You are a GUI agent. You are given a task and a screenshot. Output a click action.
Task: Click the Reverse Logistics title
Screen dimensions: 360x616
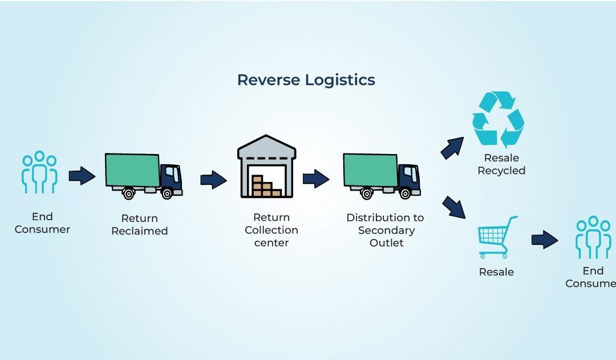click(x=306, y=80)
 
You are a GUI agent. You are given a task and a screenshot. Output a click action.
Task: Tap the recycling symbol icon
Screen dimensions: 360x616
click(x=498, y=120)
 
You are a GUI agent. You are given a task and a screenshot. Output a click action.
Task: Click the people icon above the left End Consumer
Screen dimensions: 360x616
click(x=39, y=172)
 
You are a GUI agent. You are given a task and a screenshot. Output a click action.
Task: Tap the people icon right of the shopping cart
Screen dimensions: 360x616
click(x=593, y=237)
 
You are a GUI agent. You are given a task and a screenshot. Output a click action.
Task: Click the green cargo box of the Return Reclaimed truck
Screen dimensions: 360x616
click(x=132, y=169)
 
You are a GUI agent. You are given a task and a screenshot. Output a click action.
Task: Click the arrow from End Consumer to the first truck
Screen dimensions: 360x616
click(x=82, y=176)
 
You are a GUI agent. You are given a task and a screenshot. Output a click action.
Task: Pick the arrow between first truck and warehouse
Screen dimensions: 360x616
click(x=214, y=180)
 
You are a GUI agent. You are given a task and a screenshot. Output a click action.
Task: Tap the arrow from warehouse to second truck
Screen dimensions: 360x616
click(x=316, y=179)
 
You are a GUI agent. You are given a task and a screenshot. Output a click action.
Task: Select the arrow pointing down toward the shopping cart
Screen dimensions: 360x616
click(x=454, y=207)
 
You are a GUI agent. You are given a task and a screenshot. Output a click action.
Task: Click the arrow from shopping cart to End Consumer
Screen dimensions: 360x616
click(x=545, y=240)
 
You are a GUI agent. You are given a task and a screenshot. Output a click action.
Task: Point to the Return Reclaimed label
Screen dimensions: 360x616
click(x=139, y=225)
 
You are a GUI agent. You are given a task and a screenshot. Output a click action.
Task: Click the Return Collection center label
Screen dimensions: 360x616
click(x=271, y=230)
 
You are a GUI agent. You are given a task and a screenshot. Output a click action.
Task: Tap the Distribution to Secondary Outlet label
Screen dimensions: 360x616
click(x=386, y=230)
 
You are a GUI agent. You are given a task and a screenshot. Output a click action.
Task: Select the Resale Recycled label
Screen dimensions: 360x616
click(x=501, y=164)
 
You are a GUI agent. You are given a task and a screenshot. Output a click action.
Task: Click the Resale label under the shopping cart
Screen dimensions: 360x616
click(x=496, y=272)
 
